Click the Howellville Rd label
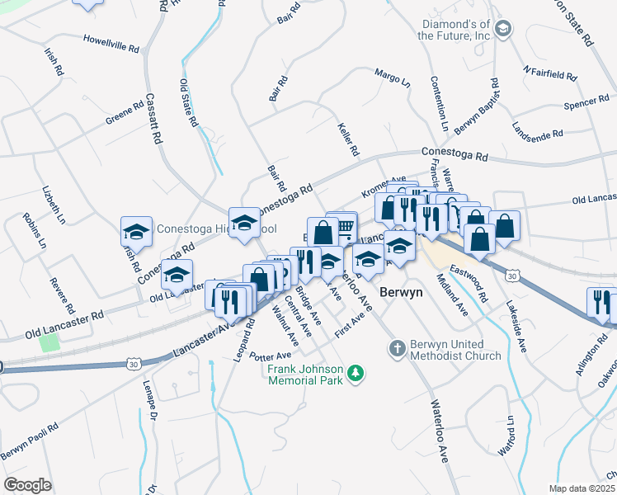click(111, 43)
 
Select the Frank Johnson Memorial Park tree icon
click(356, 374)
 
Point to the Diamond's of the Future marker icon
click(503, 31)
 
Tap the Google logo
click(27, 485)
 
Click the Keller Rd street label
click(349, 140)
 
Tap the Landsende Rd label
click(537, 132)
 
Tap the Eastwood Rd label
click(469, 264)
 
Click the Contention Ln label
click(438, 105)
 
